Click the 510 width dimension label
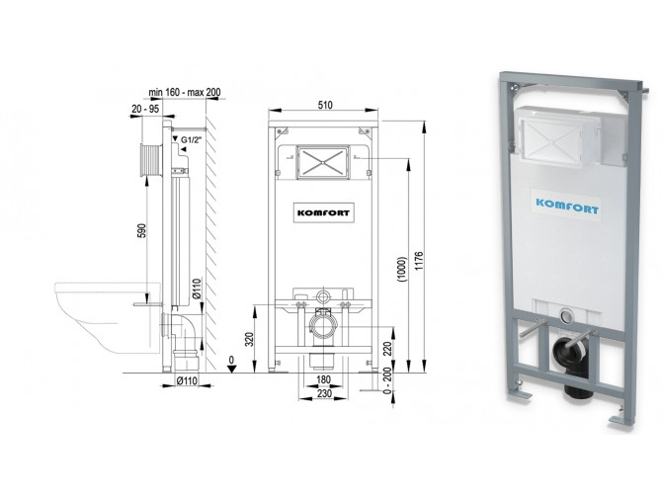coord(325,105)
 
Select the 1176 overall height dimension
coord(418,261)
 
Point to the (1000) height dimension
coord(401,270)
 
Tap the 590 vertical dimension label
coord(142,230)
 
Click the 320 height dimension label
coord(250,340)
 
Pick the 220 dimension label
coord(388,348)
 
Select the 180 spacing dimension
coord(323,379)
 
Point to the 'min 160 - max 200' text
coord(185,92)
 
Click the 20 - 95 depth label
coord(145,109)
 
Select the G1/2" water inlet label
coord(191,139)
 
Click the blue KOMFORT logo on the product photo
coord(567,207)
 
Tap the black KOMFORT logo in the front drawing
coord(323,213)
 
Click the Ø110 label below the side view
coord(187,380)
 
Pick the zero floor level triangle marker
coord(231,369)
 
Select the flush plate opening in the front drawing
coord(322,163)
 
